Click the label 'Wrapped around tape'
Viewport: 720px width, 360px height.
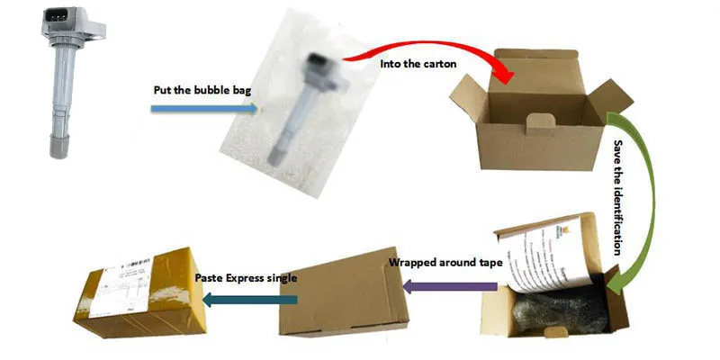pos(443,263)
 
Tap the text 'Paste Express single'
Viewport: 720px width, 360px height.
pos(246,278)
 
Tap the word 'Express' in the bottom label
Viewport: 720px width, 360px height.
pos(247,278)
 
